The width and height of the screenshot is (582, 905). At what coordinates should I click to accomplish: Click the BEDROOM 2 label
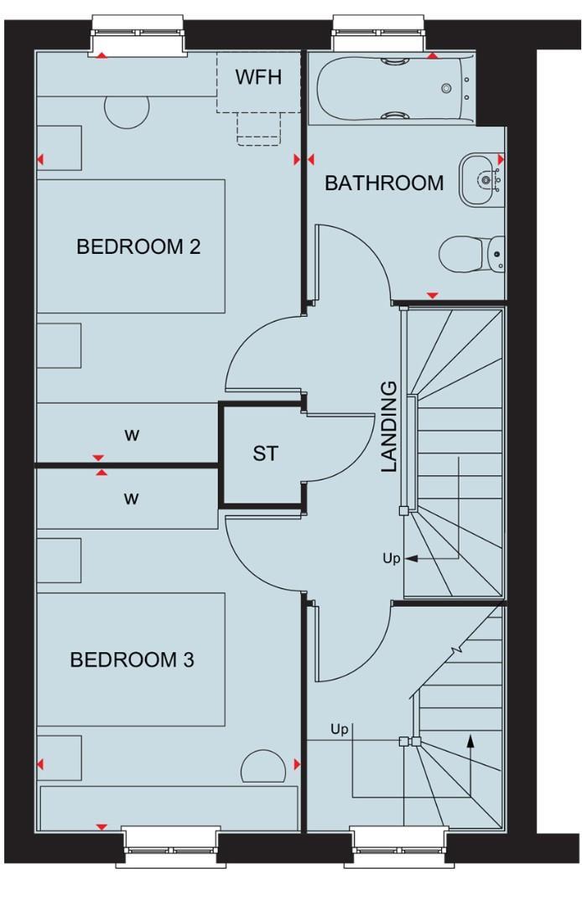click(138, 247)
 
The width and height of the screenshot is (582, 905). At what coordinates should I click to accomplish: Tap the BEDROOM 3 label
click(132, 659)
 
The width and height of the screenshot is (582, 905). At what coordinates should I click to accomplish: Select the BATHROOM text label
click(384, 183)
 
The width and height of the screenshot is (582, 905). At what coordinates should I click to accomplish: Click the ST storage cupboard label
click(264, 454)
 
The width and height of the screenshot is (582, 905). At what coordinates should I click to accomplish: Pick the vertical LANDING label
click(390, 427)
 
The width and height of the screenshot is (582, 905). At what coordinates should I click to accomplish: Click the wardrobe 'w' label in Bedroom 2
click(131, 437)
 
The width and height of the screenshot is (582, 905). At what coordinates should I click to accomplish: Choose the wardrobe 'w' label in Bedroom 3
click(131, 499)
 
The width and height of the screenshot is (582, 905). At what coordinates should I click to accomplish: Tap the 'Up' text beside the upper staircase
click(392, 557)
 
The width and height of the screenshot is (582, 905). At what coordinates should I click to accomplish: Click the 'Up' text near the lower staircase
click(339, 730)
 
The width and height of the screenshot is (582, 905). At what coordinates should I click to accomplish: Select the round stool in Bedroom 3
click(264, 764)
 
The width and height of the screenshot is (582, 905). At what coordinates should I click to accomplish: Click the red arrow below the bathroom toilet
click(433, 295)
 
